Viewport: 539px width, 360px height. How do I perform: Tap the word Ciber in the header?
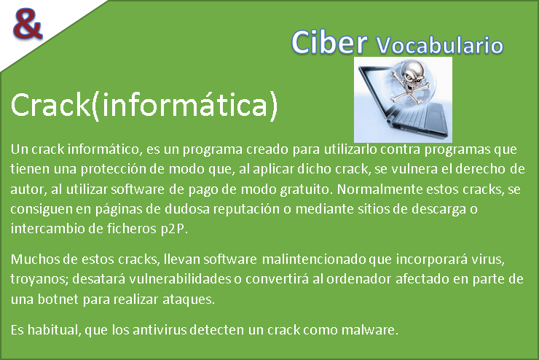(x=329, y=42)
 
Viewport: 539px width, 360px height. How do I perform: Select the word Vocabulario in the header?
(x=440, y=45)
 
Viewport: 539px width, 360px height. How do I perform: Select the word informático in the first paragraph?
(x=105, y=149)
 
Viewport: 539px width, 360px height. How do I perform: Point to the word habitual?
(x=55, y=329)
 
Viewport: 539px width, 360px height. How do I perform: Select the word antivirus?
(x=160, y=329)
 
